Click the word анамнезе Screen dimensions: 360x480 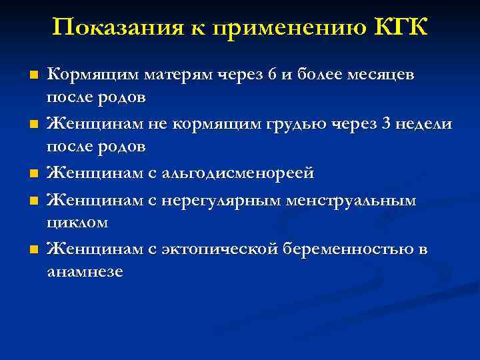[85, 272]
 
